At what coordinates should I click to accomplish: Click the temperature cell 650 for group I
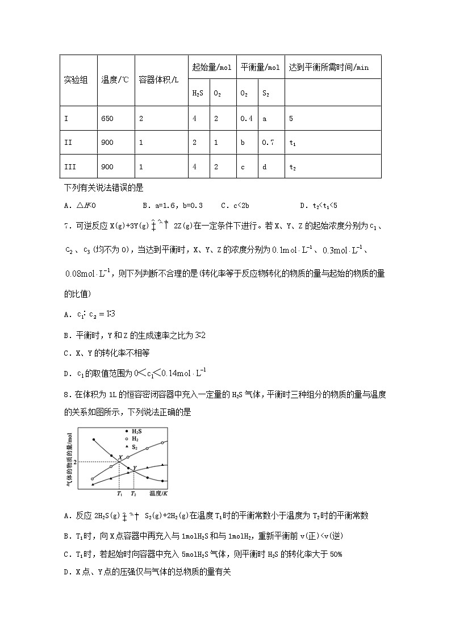click(107, 119)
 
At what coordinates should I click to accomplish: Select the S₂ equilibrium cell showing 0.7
click(268, 143)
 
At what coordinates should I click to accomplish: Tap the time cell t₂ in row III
click(293, 167)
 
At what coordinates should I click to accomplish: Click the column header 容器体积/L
click(158, 80)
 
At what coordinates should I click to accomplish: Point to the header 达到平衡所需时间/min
click(328, 67)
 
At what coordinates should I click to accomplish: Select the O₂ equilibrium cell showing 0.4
click(247, 119)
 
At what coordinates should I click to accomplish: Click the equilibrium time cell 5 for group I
click(291, 119)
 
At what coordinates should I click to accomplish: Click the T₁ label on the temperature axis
click(119, 494)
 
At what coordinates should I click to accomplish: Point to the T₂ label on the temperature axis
click(133, 494)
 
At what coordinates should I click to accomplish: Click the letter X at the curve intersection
click(120, 457)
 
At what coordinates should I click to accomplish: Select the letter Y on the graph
click(135, 468)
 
